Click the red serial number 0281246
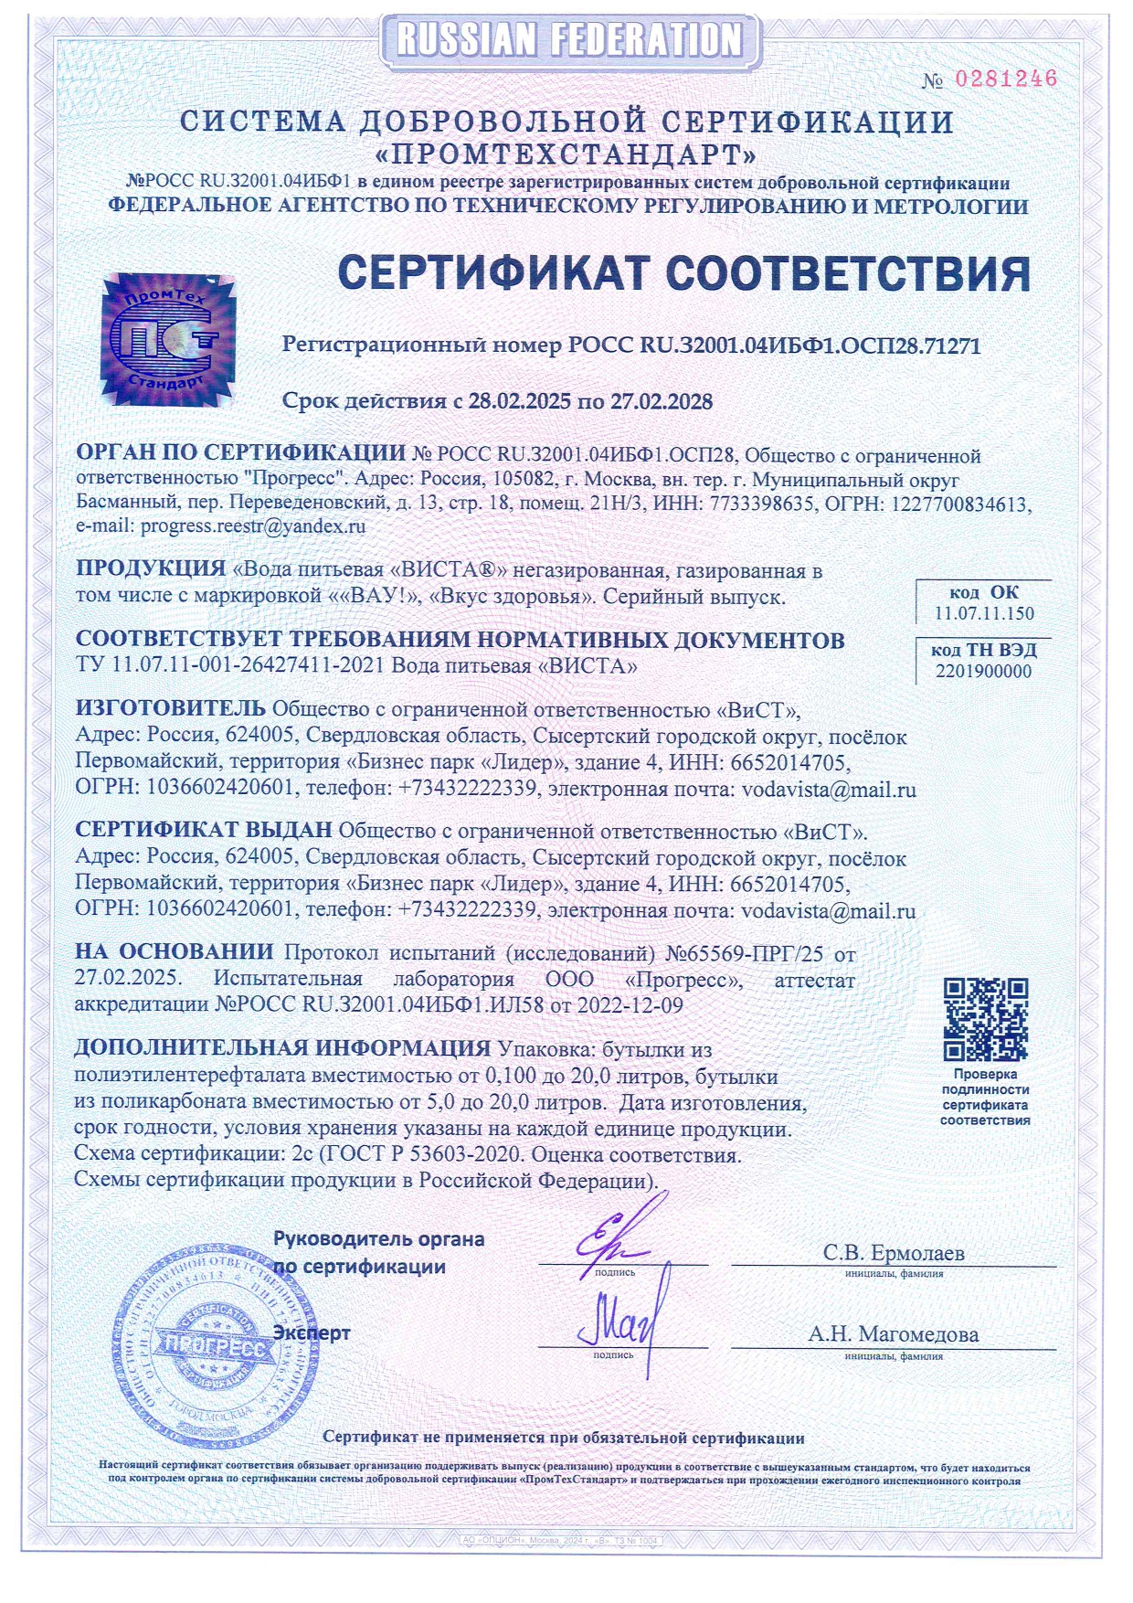pos(1005,80)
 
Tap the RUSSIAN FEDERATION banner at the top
pos(568,40)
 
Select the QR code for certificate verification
pos(985,1018)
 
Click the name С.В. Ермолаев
pos(893,1252)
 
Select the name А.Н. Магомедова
pos(893,1334)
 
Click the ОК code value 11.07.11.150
pos(984,614)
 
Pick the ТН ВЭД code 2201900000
pos(983,672)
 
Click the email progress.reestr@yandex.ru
pos(253,526)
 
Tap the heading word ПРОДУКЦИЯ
pos(151,568)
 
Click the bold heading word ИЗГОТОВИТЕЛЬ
pos(171,708)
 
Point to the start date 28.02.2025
pos(519,401)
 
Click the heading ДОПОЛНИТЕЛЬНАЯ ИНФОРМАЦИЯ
pos(282,1048)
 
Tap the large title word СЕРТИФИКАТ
pos(493,272)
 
